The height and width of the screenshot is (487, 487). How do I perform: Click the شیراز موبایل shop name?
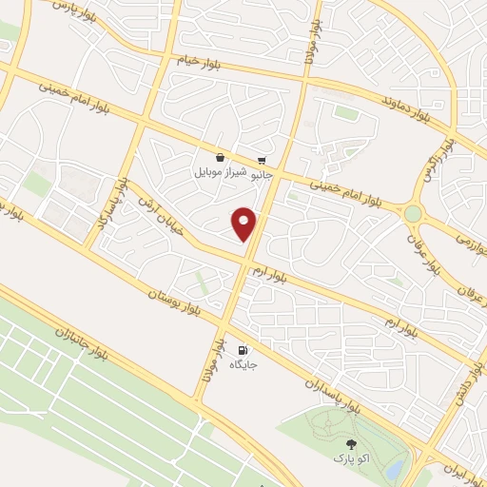[221, 173]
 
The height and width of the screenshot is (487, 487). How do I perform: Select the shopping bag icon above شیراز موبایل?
[221, 158]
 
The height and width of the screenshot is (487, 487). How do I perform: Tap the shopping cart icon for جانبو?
[262, 160]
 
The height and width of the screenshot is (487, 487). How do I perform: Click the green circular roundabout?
[413, 214]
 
